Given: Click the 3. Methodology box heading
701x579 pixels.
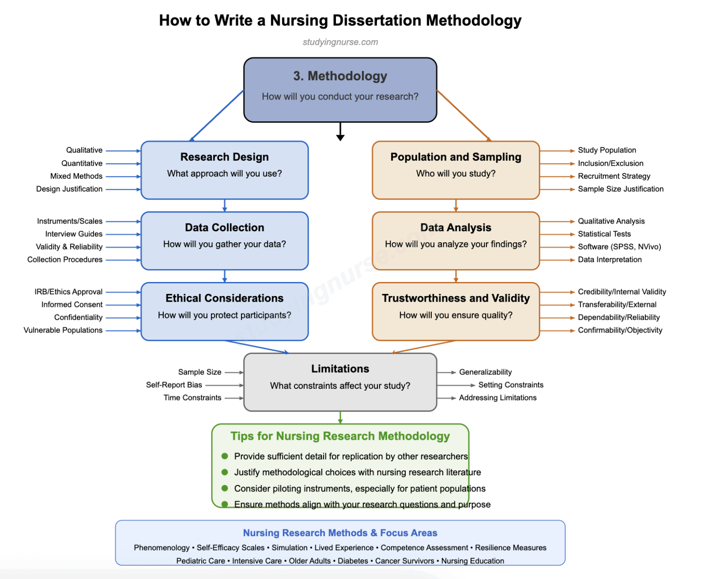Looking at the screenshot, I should (340, 76).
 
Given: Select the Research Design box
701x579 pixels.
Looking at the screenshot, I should (225, 170).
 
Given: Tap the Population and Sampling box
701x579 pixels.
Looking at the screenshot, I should (455, 170).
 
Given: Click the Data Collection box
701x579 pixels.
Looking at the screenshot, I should (225, 240).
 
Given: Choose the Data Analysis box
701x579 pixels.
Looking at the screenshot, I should (455, 240).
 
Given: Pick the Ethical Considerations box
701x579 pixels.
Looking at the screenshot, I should (225, 311).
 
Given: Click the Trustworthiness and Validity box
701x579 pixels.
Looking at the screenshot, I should (455, 311).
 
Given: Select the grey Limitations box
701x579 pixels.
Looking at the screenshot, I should (340, 382).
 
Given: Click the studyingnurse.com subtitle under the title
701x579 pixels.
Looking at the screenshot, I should (340, 42).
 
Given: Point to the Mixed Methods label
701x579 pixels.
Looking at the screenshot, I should (76, 176).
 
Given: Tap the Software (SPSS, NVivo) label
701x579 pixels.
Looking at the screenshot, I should (619, 247).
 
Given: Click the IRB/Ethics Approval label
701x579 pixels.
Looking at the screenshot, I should (68, 292).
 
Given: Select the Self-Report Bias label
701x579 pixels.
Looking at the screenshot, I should (174, 385).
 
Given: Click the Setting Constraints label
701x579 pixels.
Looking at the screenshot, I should (511, 385).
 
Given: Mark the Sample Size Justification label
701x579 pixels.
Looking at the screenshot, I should (621, 189).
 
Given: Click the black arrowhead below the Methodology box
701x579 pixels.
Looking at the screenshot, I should (340, 137).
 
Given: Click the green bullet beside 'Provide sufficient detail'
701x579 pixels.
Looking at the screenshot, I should (225, 456).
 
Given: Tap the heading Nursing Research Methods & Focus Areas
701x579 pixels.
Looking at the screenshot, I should (340, 533).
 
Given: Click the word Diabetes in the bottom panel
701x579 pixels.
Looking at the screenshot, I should (353, 561).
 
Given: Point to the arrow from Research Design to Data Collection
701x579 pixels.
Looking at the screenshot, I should (225, 206).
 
